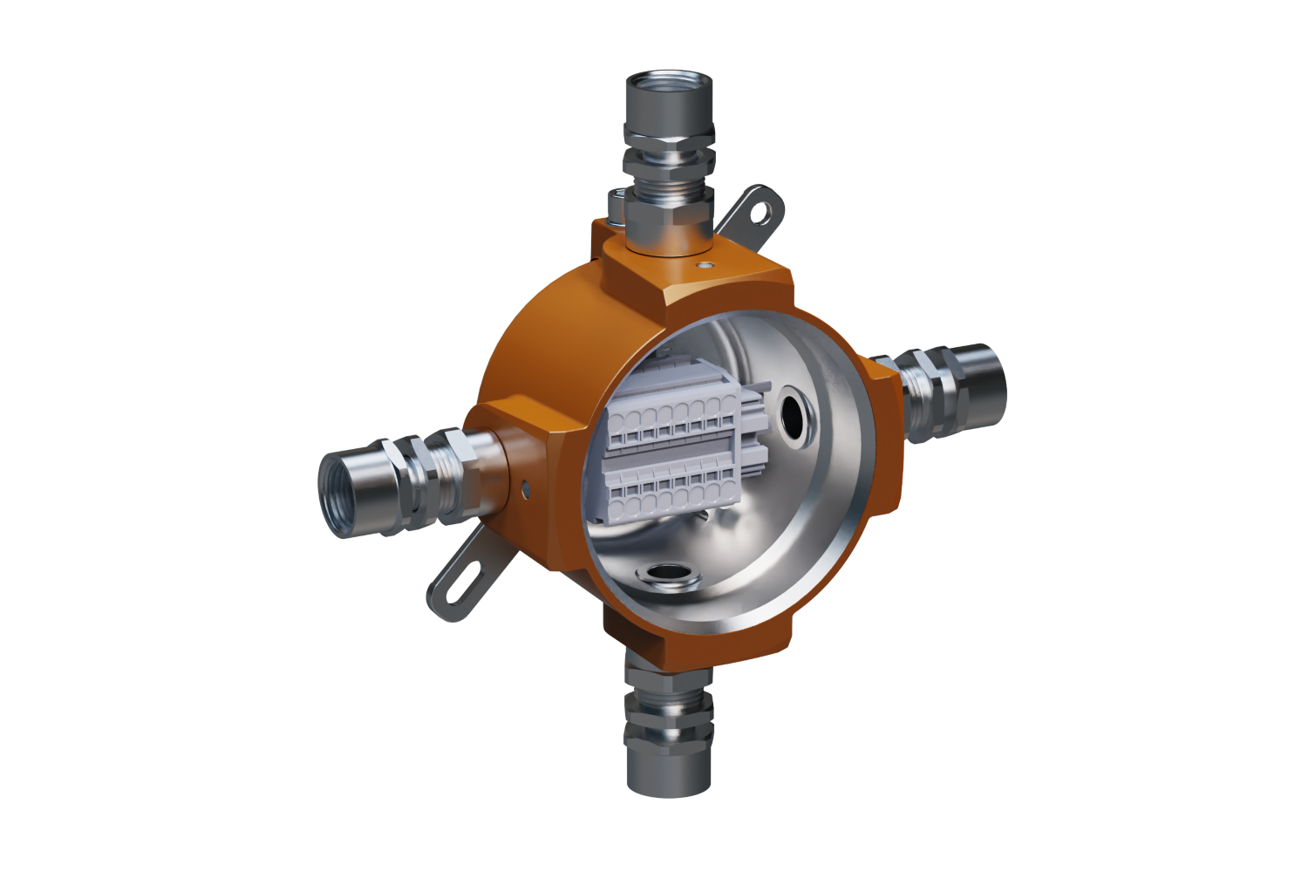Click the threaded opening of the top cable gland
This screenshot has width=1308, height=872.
point(670,91)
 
